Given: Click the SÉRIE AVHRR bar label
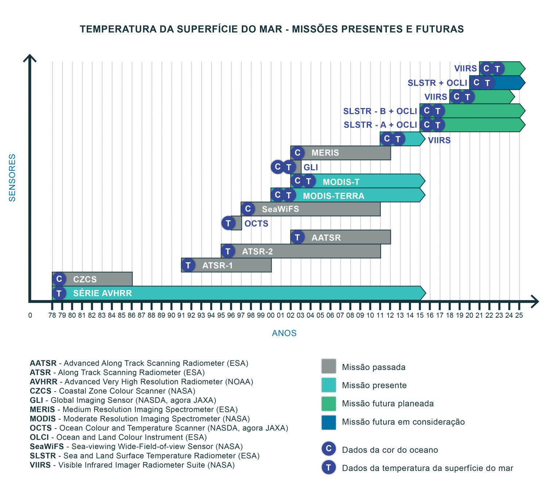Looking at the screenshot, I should tap(102, 293).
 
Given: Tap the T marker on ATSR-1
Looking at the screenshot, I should tap(188, 265).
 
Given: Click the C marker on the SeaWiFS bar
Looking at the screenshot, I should tap(248, 209).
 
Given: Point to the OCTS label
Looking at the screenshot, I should tap(256, 224).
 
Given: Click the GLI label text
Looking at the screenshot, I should tap(311, 167).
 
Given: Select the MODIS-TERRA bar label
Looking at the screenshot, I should tap(333, 196).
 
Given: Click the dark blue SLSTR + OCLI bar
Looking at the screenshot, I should tap(509, 83).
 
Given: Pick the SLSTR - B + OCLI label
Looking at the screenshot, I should tap(380, 111).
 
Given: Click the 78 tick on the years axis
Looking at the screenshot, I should tap(52, 315).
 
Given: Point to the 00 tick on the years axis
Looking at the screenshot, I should tap(271, 315).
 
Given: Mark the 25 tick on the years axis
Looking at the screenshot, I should tap(519, 315).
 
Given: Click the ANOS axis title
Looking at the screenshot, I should tap(284, 333).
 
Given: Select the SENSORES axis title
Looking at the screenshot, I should tap(12, 178).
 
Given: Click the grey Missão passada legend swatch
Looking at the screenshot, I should tap(329, 366).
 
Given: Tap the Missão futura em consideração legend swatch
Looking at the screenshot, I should tap(329, 422).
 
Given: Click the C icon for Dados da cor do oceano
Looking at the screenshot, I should tap(329, 449).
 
